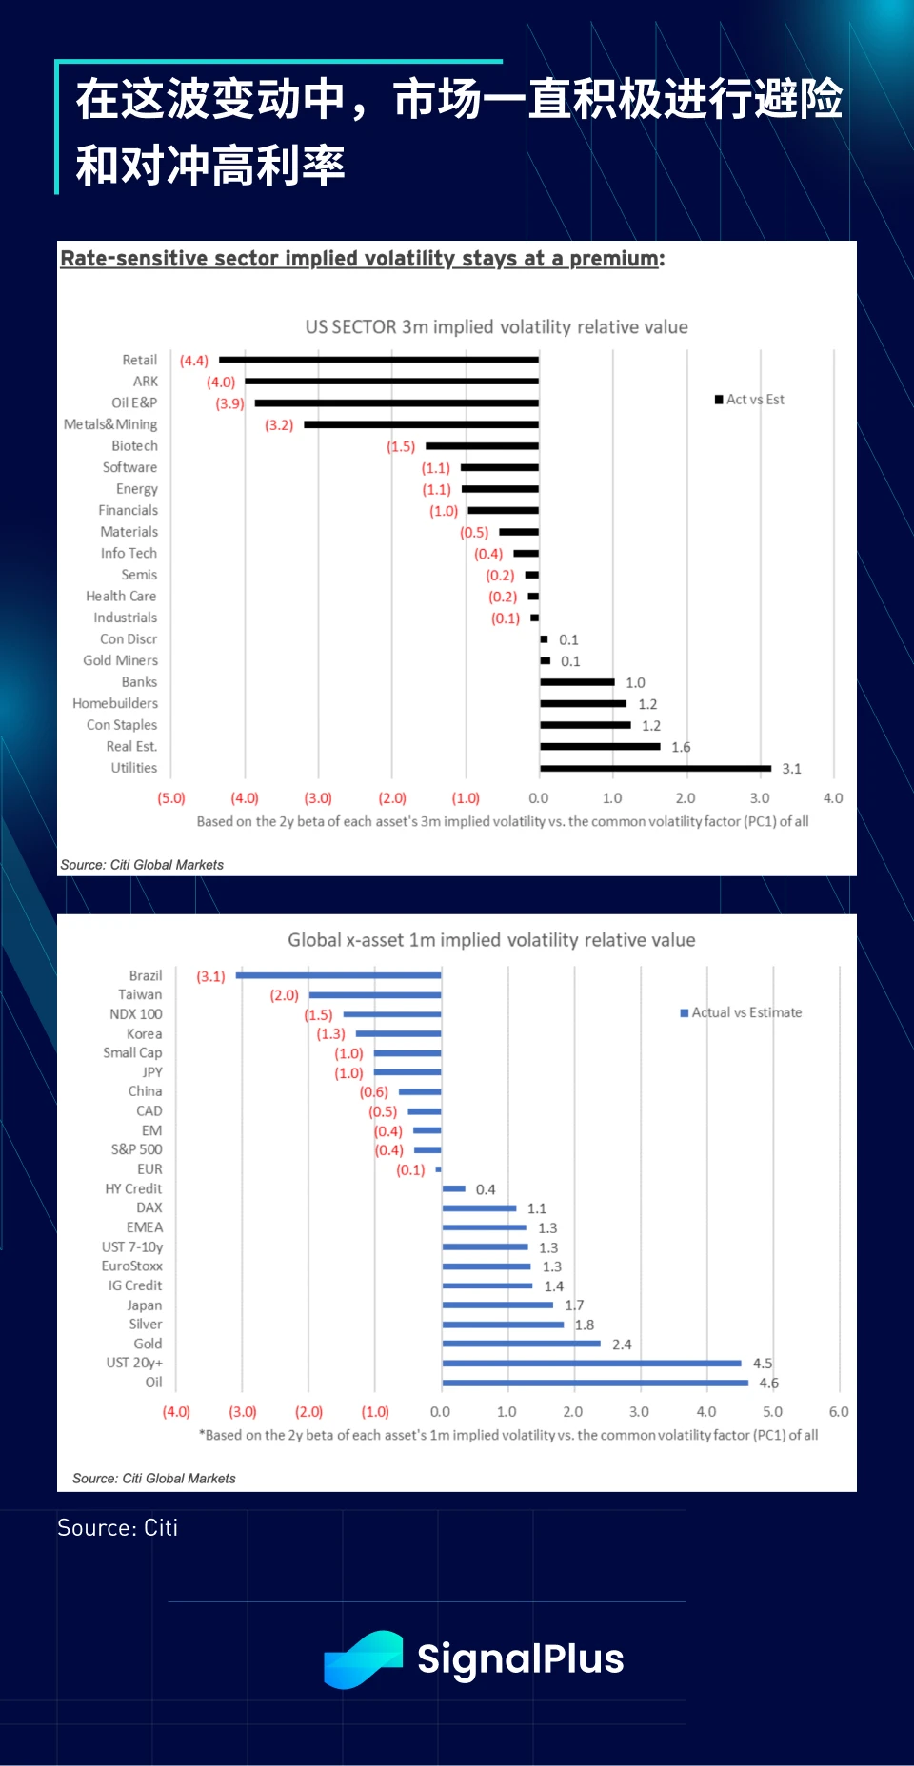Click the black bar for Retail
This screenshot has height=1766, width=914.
[379, 360]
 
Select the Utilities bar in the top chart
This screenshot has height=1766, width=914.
[655, 768]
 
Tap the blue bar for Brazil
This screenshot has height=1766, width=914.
[339, 975]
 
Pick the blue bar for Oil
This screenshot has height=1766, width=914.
[595, 1383]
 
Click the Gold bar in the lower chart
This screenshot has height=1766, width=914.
[522, 1344]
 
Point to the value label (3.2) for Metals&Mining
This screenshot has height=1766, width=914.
[279, 425]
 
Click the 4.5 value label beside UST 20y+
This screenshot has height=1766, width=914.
[763, 1364]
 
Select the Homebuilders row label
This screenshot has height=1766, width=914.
[115, 703]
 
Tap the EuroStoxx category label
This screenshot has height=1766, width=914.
[132, 1266]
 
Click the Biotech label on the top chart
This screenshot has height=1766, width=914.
[134, 446]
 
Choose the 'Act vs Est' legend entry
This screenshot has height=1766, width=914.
[749, 400]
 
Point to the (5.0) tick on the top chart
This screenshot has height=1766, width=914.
[171, 798]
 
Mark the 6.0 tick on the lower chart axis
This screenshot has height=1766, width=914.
[839, 1412]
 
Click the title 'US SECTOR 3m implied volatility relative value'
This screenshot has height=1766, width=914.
[496, 327]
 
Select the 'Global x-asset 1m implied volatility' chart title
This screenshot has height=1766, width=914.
[491, 940]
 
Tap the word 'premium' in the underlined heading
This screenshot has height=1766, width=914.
[614, 259]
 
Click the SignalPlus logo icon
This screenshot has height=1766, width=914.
[363, 1659]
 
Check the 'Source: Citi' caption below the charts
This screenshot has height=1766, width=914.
[118, 1528]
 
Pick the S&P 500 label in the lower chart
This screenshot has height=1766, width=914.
[136, 1149]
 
